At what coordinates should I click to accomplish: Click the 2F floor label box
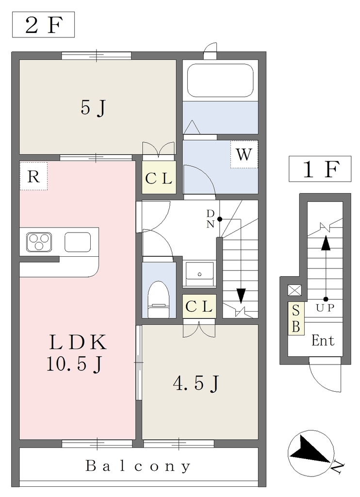pos(43,25)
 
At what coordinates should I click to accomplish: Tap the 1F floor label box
pos(320,169)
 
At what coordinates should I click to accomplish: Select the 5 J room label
pos(93,108)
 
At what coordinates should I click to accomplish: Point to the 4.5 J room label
pos(196,384)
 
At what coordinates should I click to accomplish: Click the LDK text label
pos(78,342)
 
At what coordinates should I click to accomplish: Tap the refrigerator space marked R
pos(33,176)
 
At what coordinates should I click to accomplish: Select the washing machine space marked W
pos(244,154)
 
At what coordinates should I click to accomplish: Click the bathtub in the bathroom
pos(221,80)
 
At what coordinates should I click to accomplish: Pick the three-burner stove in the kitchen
pos(39,242)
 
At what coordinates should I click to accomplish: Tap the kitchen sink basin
pos(78,242)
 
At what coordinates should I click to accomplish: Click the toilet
pos(159,299)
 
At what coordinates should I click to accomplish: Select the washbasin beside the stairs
pos(199,274)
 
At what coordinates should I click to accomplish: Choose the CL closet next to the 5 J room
pos(159,178)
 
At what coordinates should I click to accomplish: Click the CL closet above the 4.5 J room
pos(199,307)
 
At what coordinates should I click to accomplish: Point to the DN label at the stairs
pos(211,219)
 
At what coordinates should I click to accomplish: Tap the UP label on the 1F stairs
pos(325,307)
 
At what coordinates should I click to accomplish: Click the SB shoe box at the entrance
pos(296,318)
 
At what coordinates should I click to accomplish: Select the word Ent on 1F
pos(323,341)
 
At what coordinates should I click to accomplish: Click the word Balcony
pos(138,466)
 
